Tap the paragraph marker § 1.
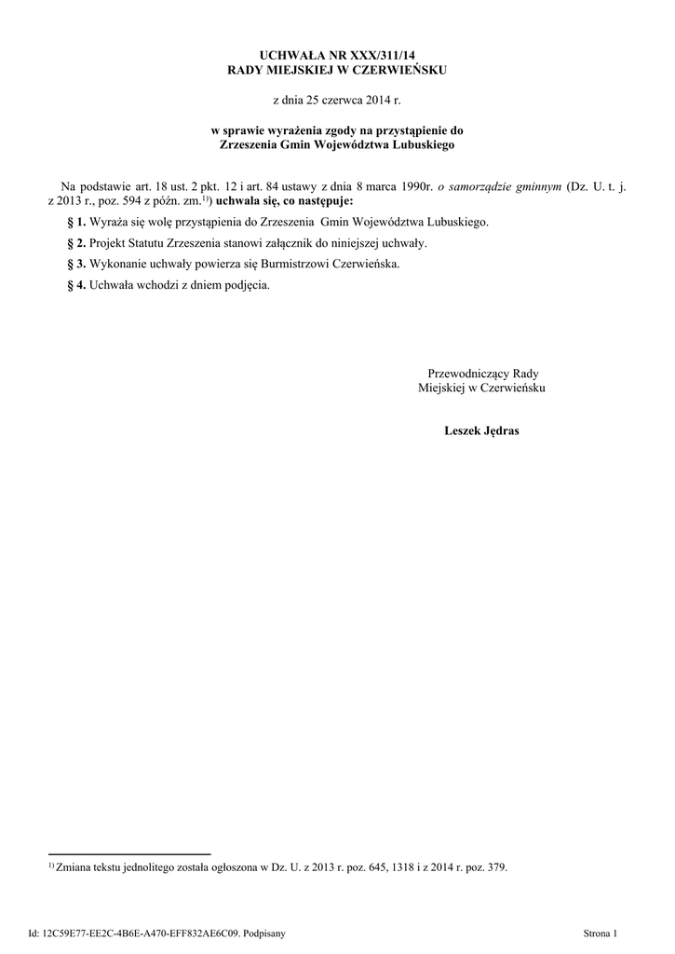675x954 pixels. coord(76,223)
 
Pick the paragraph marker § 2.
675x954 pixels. coord(76,243)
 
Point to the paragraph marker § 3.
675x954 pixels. coord(76,264)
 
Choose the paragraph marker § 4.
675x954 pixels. coord(76,284)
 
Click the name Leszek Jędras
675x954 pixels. coord(481,431)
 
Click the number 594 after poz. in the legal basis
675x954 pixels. coord(133,200)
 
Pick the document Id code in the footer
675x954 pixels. coord(140,932)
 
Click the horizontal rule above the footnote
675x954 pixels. coord(129,853)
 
